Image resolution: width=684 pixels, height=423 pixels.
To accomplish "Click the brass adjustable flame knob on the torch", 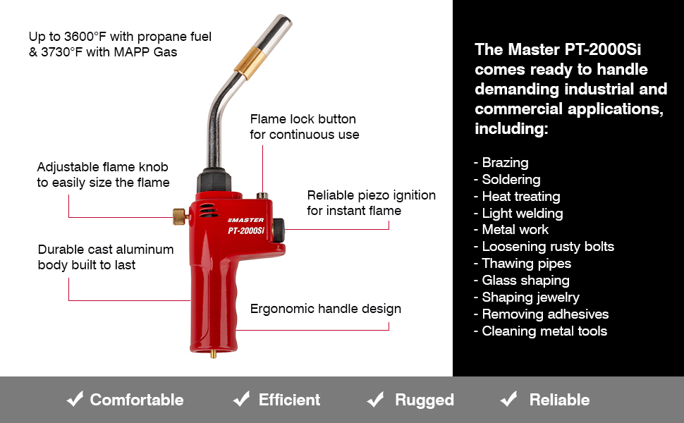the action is pyautogui.click(x=179, y=216).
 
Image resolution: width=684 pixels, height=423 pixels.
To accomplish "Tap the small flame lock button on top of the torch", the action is pyautogui.click(x=262, y=195).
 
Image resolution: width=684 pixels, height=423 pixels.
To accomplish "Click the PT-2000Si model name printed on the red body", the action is pyautogui.click(x=245, y=231).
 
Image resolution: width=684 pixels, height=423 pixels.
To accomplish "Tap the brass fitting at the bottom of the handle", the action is pyautogui.click(x=214, y=353).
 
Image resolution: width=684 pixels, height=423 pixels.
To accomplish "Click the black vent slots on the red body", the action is pyautogui.click(x=208, y=210).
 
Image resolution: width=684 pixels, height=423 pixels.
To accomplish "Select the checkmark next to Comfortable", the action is pyautogui.click(x=75, y=398).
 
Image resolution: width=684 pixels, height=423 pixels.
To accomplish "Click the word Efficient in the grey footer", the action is pyautogui.click(x=289, y=400).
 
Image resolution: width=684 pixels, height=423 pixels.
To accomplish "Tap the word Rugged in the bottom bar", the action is pyautogui.click(x=425, y=400).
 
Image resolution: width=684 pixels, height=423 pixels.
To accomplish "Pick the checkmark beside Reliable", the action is pyautogui.click(x=508, y=398).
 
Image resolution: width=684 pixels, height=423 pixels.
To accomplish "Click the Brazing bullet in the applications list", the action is pyautogui.click(x=501, y=163).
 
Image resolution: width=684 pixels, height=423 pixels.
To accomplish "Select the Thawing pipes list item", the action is pyautogui.click(x=523, y=264).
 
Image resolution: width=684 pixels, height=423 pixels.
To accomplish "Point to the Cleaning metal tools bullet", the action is pyautogui.click(x=540, y=331).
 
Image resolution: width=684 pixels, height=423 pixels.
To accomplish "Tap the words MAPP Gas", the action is pyautogui.click(x=146, y=52).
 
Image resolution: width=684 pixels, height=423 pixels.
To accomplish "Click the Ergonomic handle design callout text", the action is pyautogui.click(x=325, y=309).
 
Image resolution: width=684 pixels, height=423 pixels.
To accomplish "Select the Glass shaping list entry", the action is pyautogui.click(x=522, y=281).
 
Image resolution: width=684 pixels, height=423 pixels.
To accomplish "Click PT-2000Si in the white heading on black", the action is pyautogui.click(x=602, y=50).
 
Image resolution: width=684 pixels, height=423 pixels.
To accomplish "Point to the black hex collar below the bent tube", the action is pyautogui.click(x=214, y=180).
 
